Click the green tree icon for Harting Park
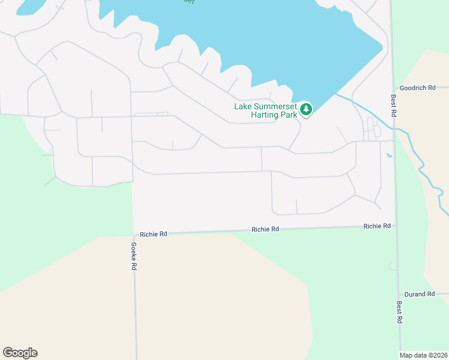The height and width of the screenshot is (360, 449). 307,109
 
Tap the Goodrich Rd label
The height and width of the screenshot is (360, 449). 416,88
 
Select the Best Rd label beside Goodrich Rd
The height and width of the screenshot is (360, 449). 394,105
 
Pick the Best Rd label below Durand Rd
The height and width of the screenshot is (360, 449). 399,312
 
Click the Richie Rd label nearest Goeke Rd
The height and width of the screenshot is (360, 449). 154,234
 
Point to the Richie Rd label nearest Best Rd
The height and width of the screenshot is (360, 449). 377,226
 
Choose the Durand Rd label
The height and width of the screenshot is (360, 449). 419,294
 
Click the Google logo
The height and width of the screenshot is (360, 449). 20,353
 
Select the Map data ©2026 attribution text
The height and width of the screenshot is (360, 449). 423,355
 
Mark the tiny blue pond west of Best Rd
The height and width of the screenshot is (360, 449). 390,155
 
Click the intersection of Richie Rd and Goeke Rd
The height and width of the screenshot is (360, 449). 133,234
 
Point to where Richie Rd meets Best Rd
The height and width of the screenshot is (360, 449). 397,226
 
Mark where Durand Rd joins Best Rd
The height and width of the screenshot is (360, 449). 399,294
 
